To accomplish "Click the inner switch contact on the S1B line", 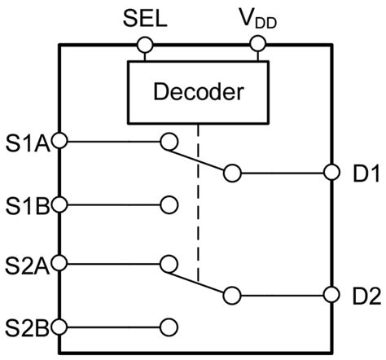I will (170, 203).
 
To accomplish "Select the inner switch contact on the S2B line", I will (170, 326).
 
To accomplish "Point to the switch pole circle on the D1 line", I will (232, 173).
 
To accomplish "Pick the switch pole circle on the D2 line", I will (232, 295).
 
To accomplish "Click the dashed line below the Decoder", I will (199, 204).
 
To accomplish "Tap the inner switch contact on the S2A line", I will (170, 264).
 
